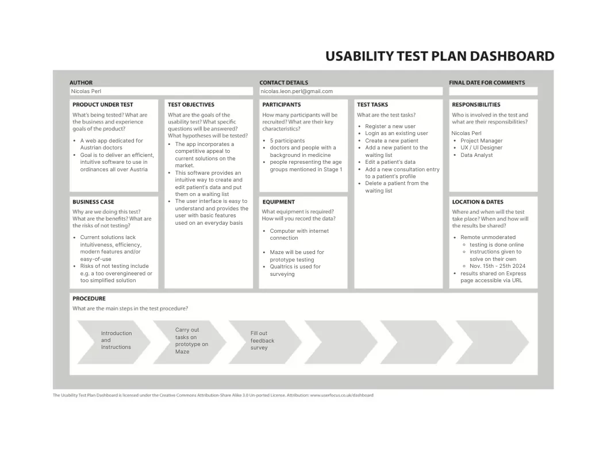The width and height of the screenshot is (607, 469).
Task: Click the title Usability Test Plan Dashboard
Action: click(440, 56)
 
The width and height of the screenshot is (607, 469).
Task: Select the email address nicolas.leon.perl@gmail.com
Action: click(297, 91)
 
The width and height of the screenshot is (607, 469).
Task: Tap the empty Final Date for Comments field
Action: click(493, 91)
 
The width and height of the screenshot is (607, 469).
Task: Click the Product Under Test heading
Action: click(102, 105)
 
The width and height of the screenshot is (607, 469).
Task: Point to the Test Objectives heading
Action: click(191, 105)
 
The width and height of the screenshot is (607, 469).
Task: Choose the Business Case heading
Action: click(93, 202)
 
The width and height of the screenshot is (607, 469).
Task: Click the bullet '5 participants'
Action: click(287, 140)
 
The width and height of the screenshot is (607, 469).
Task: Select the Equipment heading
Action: click(278, 202)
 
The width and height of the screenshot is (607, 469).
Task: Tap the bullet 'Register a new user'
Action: click(390, 126)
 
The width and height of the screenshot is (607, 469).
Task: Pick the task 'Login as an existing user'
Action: click(397, 133)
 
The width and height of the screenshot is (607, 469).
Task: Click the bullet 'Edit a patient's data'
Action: click(390, 162)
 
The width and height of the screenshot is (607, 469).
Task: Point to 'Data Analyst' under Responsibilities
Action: click(477, 155)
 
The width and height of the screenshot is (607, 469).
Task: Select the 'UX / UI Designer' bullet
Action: click(481, 148)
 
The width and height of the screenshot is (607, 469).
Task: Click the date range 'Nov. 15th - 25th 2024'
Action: click(497, 266)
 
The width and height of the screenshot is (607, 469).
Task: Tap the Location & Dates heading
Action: click(478, 202)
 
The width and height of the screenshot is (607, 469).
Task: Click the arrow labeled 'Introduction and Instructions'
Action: click(114, 342)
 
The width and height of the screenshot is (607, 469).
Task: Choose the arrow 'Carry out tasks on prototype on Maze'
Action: click(190, 342)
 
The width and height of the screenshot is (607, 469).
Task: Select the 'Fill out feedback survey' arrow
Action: click(265, 342)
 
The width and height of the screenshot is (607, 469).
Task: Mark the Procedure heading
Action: click(89, 298)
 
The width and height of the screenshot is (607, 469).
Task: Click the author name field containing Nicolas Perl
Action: click(162, 91)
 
